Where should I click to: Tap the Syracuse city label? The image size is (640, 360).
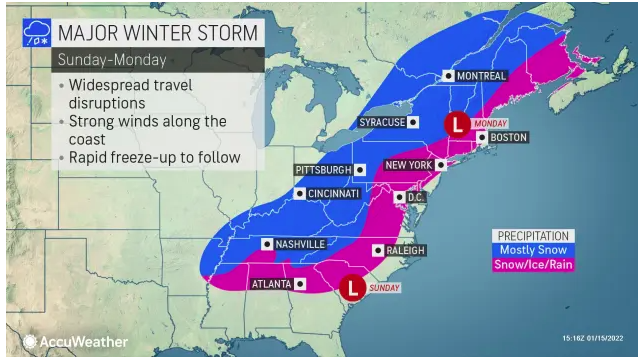tap(382, 122)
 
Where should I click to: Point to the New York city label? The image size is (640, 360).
tap(409, 164)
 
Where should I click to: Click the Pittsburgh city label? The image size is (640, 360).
tap(324, 170)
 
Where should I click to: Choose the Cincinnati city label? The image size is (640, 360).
tap(334, 194)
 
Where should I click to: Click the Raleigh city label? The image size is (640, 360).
tap(400, 250)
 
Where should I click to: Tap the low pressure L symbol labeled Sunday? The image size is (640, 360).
tap(352, 288)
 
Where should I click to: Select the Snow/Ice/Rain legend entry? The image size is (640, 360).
tap(530, 266)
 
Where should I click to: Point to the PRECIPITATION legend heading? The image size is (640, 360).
tap(530, 235)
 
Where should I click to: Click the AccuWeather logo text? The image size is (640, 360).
tap(85, 342)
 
